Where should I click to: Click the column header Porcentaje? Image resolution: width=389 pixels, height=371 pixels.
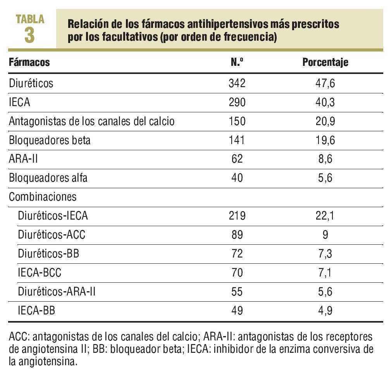[x=325, y=62]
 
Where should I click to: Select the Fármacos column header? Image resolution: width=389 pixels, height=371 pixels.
[x=29, y=62]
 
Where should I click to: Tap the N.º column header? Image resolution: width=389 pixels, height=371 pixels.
[x=237, y=62]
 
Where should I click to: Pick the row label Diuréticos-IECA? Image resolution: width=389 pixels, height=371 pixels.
[x=53, y=216]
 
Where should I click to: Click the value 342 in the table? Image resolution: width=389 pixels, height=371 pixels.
[x=237, y=83]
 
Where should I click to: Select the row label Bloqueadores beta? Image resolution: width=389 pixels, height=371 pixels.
[x=50, y=140]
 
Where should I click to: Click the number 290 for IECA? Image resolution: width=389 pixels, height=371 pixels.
[x=237, y=102]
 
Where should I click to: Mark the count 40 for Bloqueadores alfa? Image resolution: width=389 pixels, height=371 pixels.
[x=237, y=178]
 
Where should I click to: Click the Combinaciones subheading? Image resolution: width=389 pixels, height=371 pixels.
[x=43, y=197]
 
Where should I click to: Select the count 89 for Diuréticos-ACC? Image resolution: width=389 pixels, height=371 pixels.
[x=237, y=235]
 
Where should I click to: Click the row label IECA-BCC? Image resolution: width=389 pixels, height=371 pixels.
[x=40, y=273]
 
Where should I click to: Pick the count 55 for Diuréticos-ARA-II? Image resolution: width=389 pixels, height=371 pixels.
[x=237, y=292]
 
